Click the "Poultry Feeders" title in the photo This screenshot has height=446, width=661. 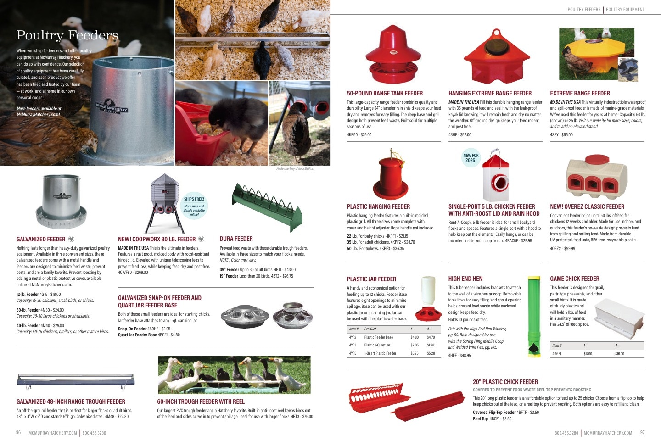(67, 35)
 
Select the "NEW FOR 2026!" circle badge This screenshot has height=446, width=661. (471, 158)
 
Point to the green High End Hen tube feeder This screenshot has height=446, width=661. (534, 317)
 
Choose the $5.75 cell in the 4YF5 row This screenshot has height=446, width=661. (415, 353)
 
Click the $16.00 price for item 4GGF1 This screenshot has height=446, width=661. (620, 354)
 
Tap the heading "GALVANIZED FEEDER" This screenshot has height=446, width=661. (41, 239)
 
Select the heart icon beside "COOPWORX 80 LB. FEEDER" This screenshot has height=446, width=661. (201, 239)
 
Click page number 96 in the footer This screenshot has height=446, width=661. (18, 432)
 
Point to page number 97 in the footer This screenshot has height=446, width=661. (643, 432)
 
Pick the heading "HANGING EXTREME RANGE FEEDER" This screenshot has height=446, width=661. (490, 93)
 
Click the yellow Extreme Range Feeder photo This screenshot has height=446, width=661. (597, 54)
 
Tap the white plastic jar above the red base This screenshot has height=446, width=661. (428, 290)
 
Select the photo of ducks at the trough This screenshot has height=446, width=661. (234, 375)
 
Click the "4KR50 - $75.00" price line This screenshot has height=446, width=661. (359, 135)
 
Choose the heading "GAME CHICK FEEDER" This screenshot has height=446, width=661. (575, 279)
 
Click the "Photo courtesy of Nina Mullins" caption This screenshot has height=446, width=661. (295, 169)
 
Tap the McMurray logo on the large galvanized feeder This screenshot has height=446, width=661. (112, 106)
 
